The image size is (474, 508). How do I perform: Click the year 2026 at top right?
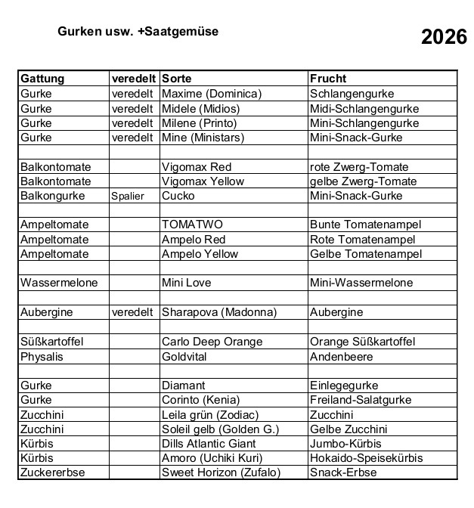pyautogui.click(x=444, y=38)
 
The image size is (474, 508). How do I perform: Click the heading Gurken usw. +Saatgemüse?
pyautogui.click(x=138, y=33)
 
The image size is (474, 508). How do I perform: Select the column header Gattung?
pyautogui.click(x=42, y=79)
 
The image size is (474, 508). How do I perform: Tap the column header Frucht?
pyautogui.click(x=328, y=79)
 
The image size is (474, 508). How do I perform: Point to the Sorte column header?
pyautogui.click(x=176, y=79)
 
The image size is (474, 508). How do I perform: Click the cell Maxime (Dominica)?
pyautogui.click(x=212, y=94)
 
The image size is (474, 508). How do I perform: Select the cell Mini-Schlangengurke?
pyautogui.click(x=364, y=123)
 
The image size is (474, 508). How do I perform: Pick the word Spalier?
pyautogui.click(x=128, y=196)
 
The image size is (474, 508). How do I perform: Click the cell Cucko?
pyautogui.click(x=178, y=196)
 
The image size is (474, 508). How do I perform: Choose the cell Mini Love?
pyautogui.click(x=187, y=283)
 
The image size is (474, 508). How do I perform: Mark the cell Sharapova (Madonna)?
pyautogui.click(x=219, y=312)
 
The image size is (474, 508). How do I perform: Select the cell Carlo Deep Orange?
pyautogui.click(x=212, y=341)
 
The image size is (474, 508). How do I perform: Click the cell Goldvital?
pyautogui.click(x=184, y=356)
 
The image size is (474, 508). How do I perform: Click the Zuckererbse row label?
pyautogui.click(x=53, y=472)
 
